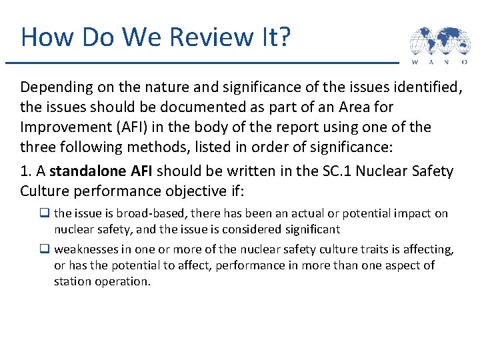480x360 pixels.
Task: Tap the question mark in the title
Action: pyautogui.click(x=284, y=37)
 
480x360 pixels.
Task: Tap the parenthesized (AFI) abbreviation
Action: pyautogui.click(x=134, y=127)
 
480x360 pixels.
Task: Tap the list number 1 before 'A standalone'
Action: pyautogui.click(x=25, y=171)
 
